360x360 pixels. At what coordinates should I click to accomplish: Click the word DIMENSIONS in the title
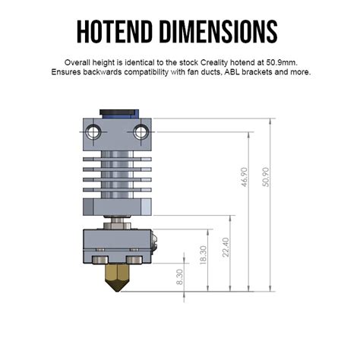[223, 31]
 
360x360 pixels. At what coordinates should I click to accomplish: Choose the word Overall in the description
[80, 62]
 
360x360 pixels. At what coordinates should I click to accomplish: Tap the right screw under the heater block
[134, 261]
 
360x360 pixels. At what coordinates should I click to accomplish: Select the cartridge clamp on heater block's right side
[153, 243]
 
